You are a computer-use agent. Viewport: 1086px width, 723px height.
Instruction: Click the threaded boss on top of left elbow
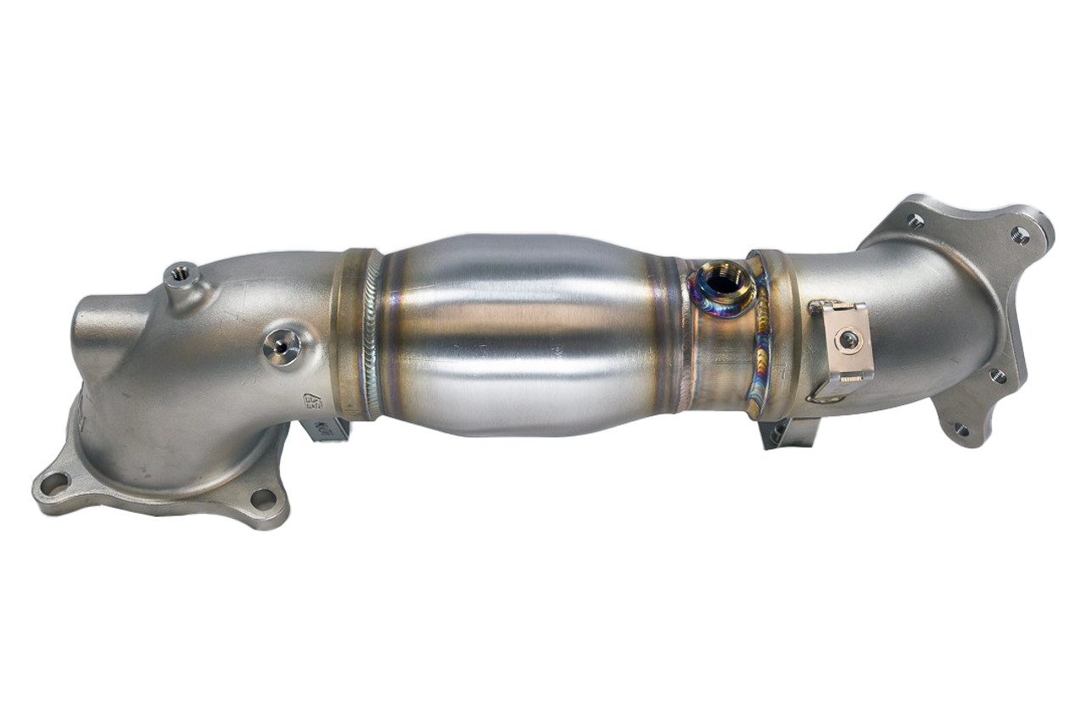(180, 273)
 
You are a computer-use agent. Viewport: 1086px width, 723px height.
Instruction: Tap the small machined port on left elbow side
(280, 346)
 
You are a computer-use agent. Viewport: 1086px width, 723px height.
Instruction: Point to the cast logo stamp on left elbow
(313, 402)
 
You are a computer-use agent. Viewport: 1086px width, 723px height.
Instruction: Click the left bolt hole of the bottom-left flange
(54, 484)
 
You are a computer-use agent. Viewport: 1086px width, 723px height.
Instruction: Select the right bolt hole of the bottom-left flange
(264, 499)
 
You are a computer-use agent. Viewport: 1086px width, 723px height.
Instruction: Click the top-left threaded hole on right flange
(915, 221)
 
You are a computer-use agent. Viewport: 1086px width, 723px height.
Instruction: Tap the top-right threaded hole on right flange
(1021, 235)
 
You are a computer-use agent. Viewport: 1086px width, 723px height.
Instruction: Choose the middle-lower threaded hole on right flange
(997, 375)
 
